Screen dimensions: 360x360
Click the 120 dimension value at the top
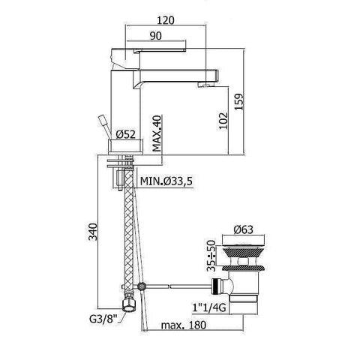pos(166,20)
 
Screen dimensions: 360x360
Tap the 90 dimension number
pos(156,36)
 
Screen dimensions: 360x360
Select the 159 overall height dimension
pos(238,101)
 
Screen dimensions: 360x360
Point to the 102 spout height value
pos(223,121)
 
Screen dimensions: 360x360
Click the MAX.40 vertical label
pos(157,133)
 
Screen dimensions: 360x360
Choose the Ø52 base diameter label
pos(126,134)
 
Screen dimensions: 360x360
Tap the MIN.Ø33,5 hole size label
pos(166,181)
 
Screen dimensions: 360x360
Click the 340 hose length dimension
pos(93,232)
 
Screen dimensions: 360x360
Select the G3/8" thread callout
pos(103,319)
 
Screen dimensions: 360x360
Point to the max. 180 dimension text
pos(184,325)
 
